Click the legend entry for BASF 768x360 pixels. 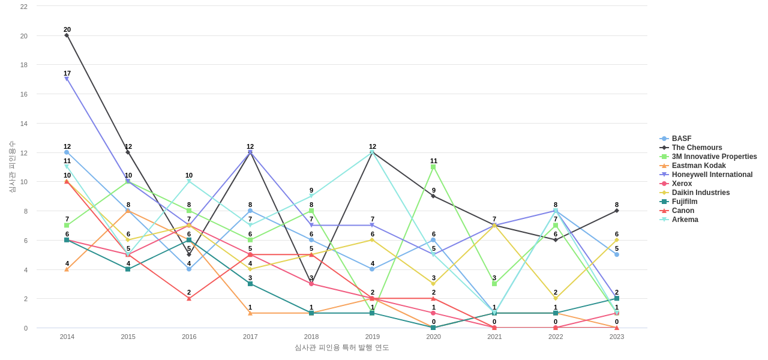[681, 139]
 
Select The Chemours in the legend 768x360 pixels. [697, 148]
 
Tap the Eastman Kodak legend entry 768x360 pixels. [698, 166]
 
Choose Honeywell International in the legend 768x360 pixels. [712, 175]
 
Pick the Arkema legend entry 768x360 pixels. [685, 220]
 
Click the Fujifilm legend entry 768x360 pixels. [684, 202]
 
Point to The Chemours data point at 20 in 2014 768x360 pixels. [67, 35]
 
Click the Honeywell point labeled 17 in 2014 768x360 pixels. [67, 79]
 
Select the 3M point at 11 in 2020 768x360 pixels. [433, 167]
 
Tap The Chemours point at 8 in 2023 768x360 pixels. [616, 211]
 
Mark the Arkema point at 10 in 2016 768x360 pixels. [189, 181]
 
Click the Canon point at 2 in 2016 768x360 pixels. [189, 298]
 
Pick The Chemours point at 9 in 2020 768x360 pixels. [433, 196]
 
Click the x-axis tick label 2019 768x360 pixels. [373, 337]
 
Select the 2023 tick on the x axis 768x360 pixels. [617, 337]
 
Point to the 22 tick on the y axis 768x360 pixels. [24, 7]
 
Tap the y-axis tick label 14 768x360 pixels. [24, 124]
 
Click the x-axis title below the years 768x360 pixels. [341, 347]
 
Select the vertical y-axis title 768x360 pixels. [12, 167]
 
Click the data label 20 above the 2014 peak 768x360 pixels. [67, 29]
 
